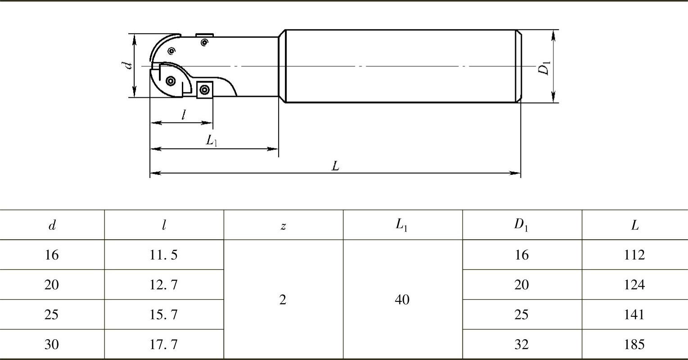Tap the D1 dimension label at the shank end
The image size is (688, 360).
point(544,68)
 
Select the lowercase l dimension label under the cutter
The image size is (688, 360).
point(183,115)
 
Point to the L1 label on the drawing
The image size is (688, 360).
point(211,141)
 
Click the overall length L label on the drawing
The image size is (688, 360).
point(335,166)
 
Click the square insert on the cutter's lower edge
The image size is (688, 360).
point(204,90)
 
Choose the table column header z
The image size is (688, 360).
point(283,226)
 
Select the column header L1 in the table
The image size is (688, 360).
point(402,225)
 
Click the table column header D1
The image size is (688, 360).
point(521,225)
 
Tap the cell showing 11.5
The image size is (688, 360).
point(163,255)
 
